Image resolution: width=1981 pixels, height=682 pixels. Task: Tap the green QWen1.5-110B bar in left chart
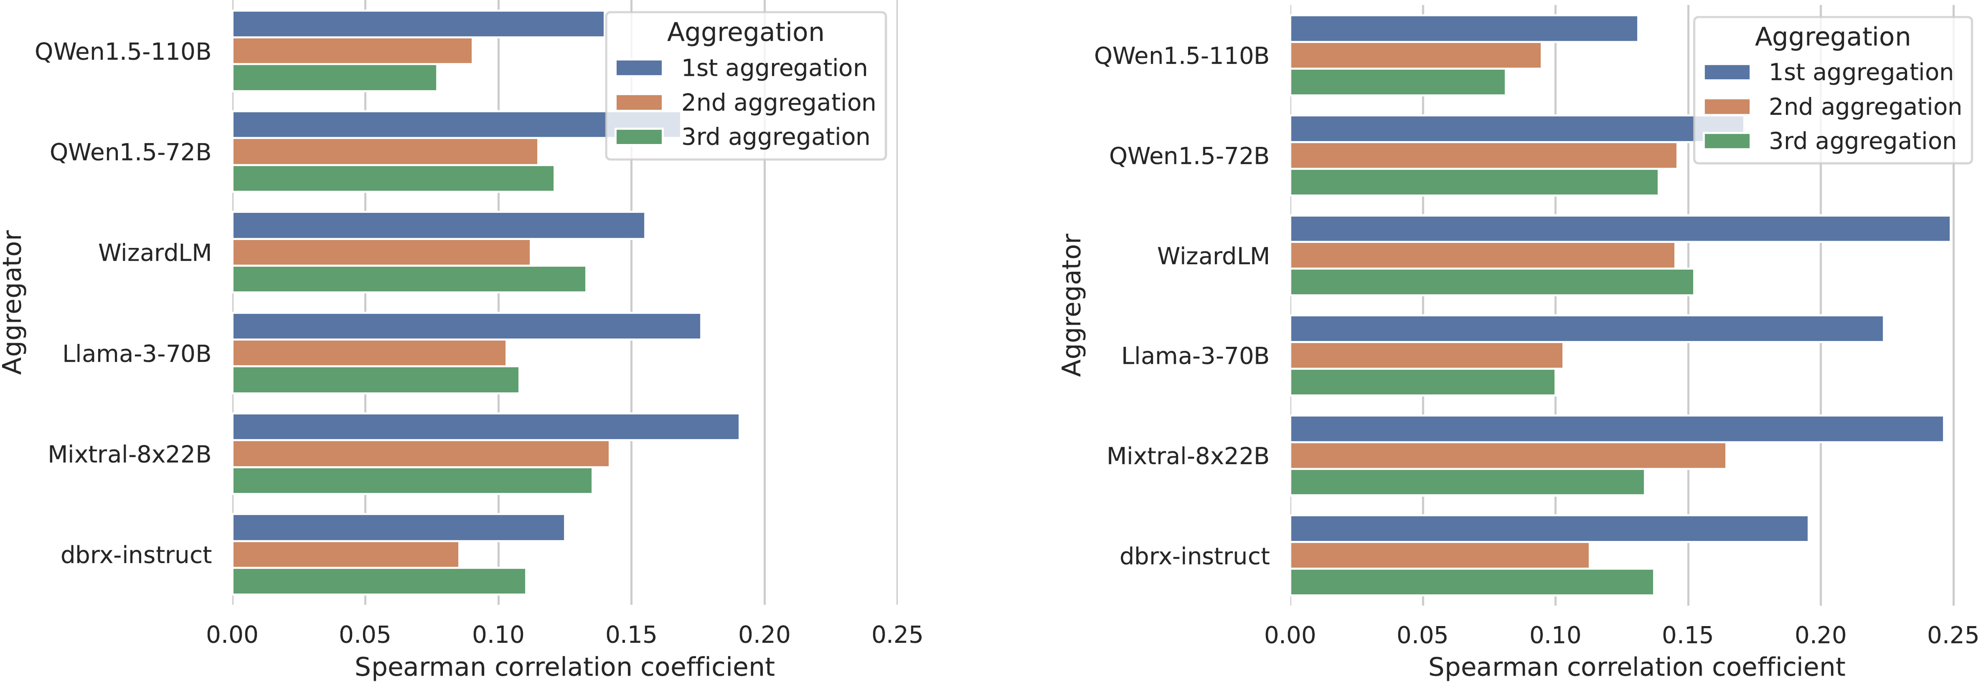334,78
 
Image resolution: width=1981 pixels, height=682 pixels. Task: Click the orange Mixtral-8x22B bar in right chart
1507,455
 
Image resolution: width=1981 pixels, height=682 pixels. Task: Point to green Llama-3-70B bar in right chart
1422,382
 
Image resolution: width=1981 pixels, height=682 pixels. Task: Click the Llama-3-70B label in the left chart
137,354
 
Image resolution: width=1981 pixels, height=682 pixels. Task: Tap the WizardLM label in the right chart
1213,256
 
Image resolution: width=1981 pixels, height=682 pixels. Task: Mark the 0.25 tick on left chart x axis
897,634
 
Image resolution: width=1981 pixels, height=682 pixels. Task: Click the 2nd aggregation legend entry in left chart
778,102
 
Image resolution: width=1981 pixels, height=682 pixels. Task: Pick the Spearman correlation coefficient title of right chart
1636,667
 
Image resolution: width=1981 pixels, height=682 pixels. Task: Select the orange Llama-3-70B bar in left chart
369,353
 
